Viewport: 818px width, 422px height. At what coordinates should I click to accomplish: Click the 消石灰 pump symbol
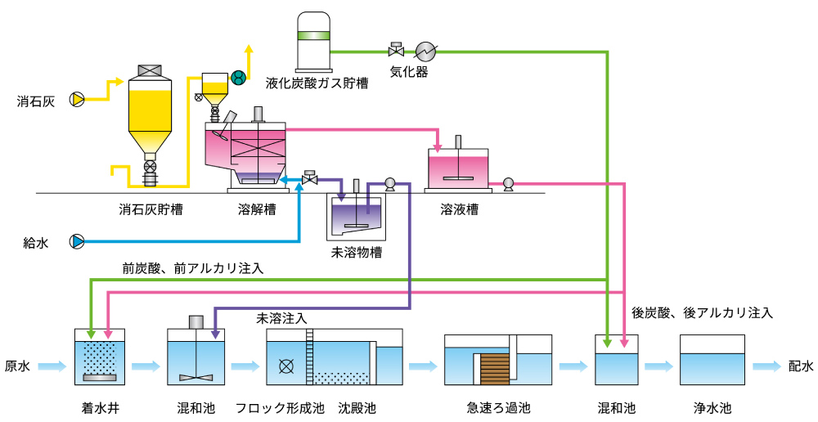pyautogui.click(x=77, y=100)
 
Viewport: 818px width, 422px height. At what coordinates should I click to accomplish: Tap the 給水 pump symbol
pyautogui.click(x=77, y=242)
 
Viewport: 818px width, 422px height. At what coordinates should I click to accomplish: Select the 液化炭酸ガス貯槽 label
pyautogui.click(x=316, y=83)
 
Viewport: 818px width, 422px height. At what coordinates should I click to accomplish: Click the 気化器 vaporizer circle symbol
pyautogui.click(x=425, y=51)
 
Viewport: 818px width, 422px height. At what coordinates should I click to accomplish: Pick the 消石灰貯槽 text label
pyautogui.click(x=151, y=210)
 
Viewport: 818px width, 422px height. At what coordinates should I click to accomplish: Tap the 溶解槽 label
pyautogui.click(x=257, y=210)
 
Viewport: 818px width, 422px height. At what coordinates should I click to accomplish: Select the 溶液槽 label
pyautogui.click(x=459, y=210)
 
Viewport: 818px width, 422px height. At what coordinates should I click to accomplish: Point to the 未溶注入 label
pyautogui.click(x=282, y=317)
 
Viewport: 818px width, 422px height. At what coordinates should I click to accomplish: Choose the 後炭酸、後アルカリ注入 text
pyautogui.click(x=702, y=312)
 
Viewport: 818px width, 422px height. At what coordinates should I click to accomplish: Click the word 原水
pyautogui.click(x=18, y=366)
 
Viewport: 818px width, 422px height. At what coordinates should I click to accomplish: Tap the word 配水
pyautogui.click(x=801, y=366)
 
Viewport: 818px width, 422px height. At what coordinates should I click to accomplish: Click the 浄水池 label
pyautogui.click(x=712, y=407)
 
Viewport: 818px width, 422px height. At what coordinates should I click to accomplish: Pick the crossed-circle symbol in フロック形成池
pyautogui.click(x=285, y=366)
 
